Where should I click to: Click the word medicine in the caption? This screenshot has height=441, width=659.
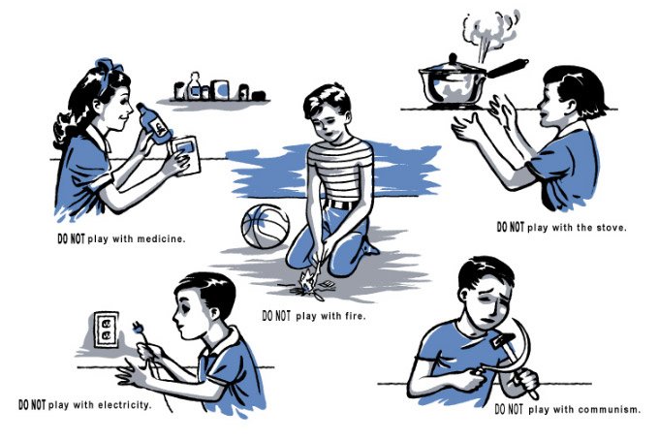161,239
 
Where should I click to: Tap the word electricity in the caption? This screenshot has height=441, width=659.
124,405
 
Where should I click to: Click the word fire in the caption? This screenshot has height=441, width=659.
355,315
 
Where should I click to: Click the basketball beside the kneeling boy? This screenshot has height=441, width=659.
266,226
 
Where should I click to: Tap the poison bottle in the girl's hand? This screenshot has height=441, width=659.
155,123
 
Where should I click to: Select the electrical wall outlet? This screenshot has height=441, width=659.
106,330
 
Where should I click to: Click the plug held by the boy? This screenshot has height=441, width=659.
139,328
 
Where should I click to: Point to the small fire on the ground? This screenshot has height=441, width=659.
307,282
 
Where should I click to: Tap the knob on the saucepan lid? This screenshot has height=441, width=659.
453,58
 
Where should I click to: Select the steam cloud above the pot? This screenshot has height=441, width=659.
489,32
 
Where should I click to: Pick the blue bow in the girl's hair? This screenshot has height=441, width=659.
108,67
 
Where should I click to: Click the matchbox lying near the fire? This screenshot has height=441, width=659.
327,285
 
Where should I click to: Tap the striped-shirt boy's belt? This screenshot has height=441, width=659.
342,205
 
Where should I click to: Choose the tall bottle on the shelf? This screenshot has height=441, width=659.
194,86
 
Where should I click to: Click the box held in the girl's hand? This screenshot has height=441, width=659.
185,155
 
